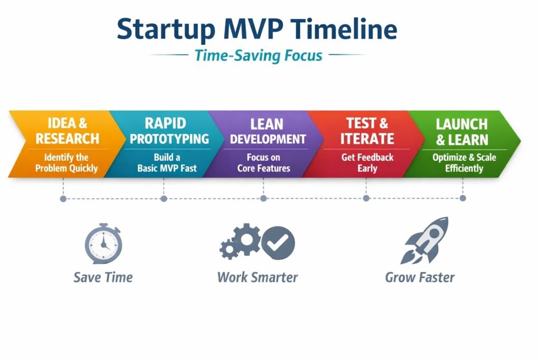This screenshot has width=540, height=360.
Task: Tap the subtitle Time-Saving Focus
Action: point(258,55)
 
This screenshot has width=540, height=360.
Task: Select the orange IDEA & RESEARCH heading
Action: point(67,131)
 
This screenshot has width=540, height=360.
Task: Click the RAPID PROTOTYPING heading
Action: point(169,131)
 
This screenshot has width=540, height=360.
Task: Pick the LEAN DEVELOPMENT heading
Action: point(267,131)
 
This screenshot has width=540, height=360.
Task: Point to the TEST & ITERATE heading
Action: point(367,131)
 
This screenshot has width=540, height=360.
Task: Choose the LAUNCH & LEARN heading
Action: point(462,132)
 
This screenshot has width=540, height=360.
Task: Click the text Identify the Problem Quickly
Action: point(66,163)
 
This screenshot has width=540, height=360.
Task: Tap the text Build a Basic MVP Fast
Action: point(167,163)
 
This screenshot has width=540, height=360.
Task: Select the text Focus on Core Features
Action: point(264,163)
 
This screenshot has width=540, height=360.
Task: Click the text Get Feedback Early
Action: point(367,163)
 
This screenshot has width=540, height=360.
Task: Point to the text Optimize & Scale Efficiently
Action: point(464,163)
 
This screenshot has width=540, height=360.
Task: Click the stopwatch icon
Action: point(103,244)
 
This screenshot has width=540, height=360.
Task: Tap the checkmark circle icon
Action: point(278,243)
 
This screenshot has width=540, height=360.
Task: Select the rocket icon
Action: point(425,240)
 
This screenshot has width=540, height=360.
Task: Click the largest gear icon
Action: point(247,239)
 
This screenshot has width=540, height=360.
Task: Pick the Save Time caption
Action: point(103,277)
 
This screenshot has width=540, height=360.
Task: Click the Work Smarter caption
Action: point(257,277)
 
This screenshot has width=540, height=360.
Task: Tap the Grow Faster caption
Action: point(420,277)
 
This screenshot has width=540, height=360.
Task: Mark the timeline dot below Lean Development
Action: point(264,198)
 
